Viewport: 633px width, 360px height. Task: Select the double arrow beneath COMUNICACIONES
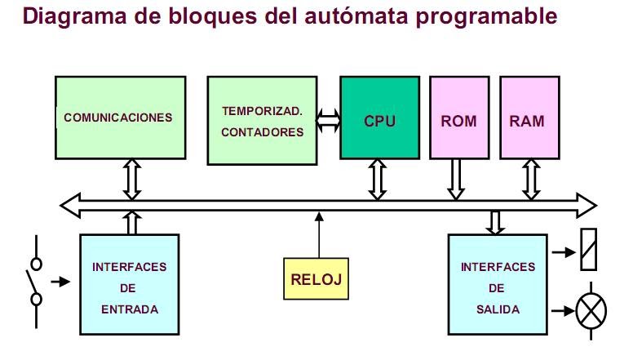(x=132, y=179)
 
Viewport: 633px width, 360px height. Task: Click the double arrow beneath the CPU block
(x=377, y=179)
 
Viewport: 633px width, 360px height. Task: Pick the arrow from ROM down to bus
(x=456, y=179)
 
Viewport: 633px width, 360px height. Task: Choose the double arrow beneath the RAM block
(x=530, y=179)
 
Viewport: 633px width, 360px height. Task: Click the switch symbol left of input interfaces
(x=36, y=282)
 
